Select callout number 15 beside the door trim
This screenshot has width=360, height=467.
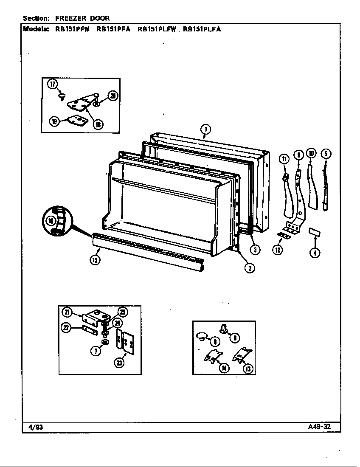(95, 260)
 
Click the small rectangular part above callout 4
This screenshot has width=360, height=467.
(315, 232)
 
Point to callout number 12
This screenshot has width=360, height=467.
(278, 250)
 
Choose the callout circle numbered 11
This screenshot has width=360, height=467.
(284, 159)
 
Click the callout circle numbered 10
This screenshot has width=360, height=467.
(311, 154)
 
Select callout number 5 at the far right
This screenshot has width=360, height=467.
(326, 154)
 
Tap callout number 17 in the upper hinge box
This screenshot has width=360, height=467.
(52, 84)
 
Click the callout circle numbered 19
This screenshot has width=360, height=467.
(54, 121)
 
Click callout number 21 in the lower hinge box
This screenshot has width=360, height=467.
(67, 312)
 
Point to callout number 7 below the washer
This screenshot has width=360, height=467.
(97, 351)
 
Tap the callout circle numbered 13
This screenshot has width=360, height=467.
(247, 369)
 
